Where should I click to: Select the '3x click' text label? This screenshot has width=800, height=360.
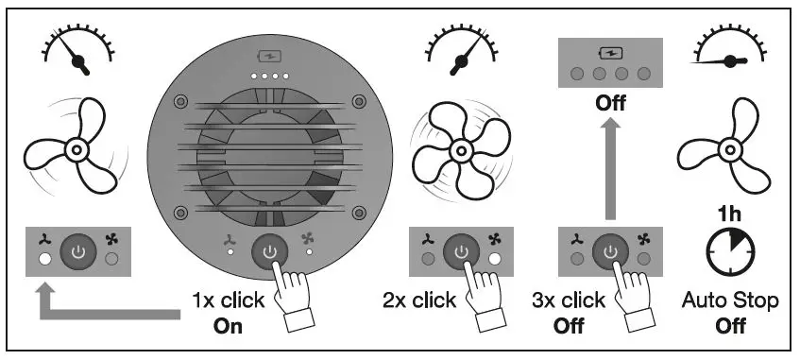click(x=569, y=300)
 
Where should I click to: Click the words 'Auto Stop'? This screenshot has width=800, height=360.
click(x=729, y=301)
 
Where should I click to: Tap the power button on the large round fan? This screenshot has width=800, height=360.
click(x=270, y=252)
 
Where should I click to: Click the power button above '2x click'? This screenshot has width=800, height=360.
click(x=460, y=251)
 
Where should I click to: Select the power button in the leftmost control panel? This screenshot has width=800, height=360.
click(x=77, y=251)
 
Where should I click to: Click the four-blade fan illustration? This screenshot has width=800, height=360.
click(x=460, y=147)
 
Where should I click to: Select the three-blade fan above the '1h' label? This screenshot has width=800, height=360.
click(x=728, y=148)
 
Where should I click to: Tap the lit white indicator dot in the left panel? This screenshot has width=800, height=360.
click(x=43, y=259)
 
